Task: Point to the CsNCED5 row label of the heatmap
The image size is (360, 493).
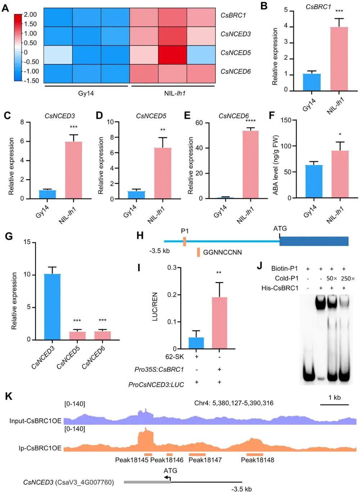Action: pyautogui.click(x=235, y=53)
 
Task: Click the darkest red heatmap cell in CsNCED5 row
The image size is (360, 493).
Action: pyautogui.click(x=172, y=55)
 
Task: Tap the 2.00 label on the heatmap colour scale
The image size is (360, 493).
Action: pyautogui.click(x=30, y=15)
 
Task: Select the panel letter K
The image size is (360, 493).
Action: pyautogui.click(x=9, y=396)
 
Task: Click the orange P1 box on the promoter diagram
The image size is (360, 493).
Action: pyautogui.click(x=184, y=241)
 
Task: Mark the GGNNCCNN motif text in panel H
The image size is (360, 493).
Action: pyautogui.click(x=222, y=252)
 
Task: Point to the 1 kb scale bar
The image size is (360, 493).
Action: pyautogui.click(x=334, y=405)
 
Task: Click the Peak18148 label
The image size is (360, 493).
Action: pyautogui.click(x=257, y=460)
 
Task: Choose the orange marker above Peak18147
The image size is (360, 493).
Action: pyautogui.click(x=197, y=454)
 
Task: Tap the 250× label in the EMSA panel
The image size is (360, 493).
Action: pyautogui.click(x=348, y=278)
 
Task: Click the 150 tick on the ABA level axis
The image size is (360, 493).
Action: pyautogui.click(x=285, y=120)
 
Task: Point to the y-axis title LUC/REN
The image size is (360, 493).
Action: pyautogui.click(x=155, y=307)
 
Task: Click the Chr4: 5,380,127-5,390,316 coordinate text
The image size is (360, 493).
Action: pyautogui.click(x=234, y=403)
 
